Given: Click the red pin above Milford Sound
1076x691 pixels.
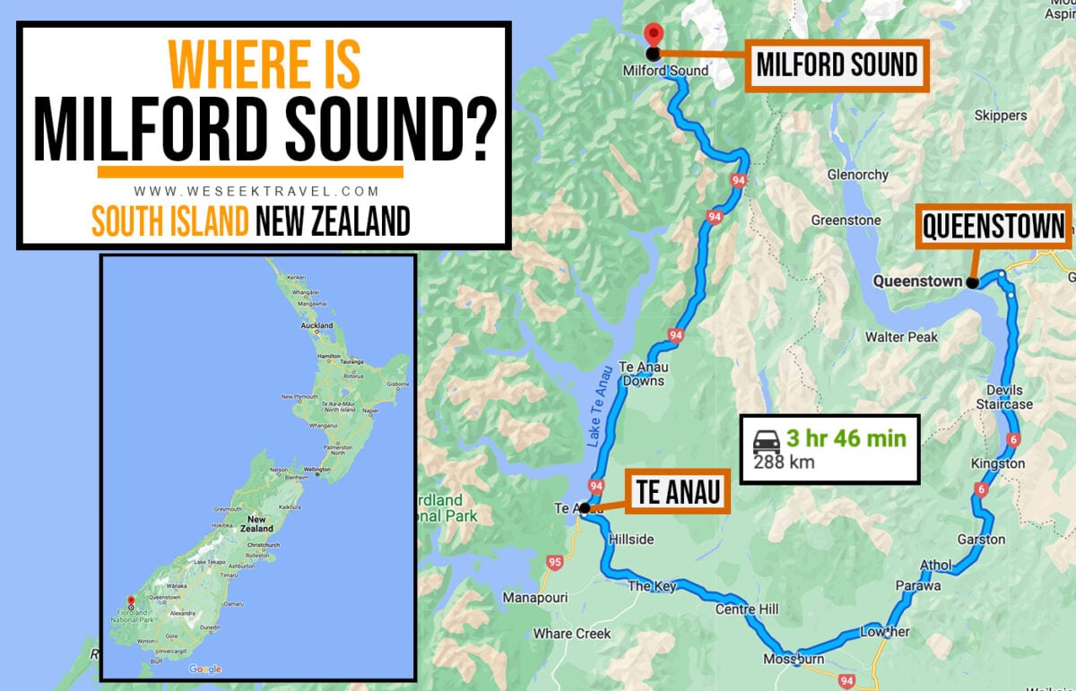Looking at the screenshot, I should tap(654, 34).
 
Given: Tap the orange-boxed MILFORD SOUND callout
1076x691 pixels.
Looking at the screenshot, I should tap(837, 65).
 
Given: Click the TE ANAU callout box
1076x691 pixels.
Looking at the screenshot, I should tap(680, 492).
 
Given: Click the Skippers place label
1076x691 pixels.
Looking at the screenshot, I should tap(1002, 116).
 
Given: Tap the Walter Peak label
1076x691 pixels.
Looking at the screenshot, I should tap(901, 337).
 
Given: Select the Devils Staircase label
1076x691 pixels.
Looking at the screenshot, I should tap(1004, 397).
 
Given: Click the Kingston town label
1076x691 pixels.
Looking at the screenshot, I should tap(997, 463).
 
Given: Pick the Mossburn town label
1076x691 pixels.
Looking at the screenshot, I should tap(787, 659).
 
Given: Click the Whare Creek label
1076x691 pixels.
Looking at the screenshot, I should tap(572, 634).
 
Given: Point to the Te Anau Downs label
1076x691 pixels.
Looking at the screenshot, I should tap(641, 374).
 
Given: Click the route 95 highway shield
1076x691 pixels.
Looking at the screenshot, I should tap(553, 563).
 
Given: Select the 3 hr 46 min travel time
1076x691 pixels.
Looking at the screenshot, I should tap(846, 439).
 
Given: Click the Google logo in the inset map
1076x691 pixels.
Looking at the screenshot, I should tap(205, 669).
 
